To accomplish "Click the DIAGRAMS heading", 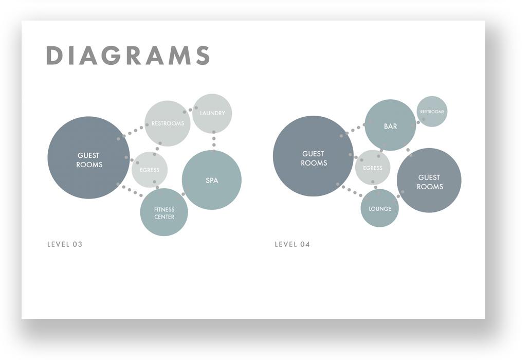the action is (x=128, y=56).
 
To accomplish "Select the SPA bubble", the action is (x=212, y=180).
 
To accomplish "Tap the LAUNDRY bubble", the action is (x=212, y=113).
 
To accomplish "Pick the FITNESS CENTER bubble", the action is (x=164, y=212).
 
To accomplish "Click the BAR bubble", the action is (x=390, y=125).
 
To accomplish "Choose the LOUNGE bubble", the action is (x=379, y=208).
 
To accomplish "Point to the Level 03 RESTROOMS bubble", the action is (x=168, y=123).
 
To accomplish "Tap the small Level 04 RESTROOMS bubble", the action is (x=432, y=112).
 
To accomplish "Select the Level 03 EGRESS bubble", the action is (x=150, y=170).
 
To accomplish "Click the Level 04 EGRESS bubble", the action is (x=373, y=168).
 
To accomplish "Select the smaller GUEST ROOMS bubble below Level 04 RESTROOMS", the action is (x=429, y=181).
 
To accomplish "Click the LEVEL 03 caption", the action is (x=65, y=244).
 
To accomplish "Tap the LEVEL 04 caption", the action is (x=293, y=244).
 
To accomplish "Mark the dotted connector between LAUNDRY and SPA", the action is (x=213, y=139).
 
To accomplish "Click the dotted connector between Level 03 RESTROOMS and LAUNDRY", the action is (x=190, y=110).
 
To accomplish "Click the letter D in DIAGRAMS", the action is (x=53, y=56).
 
